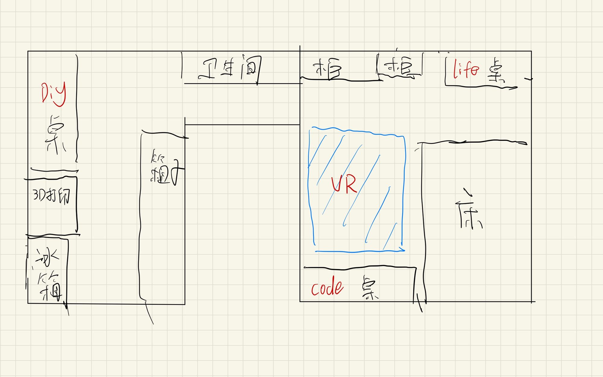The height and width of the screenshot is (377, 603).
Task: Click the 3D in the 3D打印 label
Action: [x=39, y=195]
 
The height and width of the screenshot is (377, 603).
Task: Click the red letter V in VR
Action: [x=336, y=184]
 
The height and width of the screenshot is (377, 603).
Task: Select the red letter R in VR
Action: [x=351, y=185]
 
